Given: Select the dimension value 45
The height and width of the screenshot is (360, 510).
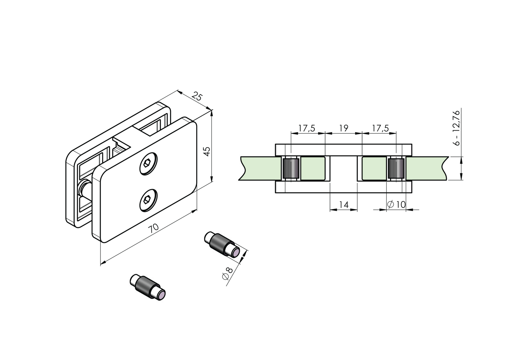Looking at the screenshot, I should click(207, 151).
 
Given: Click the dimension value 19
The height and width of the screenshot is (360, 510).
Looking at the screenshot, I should click(343, 128).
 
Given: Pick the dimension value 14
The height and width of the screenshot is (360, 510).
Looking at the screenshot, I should click(343, 205).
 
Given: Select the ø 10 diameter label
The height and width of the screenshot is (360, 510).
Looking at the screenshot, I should click(396, 205).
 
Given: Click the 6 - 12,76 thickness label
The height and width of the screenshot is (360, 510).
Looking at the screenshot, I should click(456, 128).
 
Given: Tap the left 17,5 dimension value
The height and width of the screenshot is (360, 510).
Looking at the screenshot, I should click(307, 128).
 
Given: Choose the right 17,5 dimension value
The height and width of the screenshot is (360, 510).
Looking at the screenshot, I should click(380, 128).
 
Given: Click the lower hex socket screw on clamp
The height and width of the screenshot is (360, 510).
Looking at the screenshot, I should click(148, 200).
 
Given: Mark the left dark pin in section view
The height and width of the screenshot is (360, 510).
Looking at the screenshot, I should click(291, 169).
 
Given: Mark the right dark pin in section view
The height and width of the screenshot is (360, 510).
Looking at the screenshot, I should click(396, 169).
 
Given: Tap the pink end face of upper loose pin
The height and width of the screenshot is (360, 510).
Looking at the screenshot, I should click(236, 253).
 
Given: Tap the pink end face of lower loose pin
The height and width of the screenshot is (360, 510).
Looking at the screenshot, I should click(161, 295).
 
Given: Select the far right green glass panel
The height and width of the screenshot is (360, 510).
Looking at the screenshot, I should click(427, 169).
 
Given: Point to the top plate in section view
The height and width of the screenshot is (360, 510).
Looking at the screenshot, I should click(343, 150).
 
